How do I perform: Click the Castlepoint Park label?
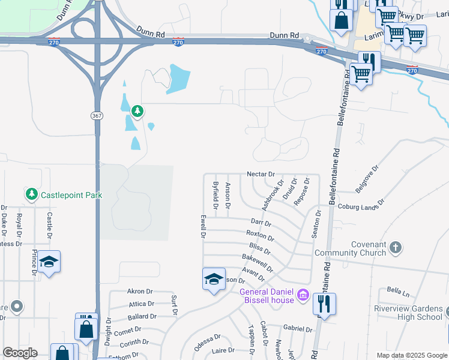click(71, 195)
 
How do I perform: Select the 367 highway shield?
click(97, 115)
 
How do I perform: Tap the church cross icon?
click(395, 247)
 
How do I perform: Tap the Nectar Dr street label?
click(260, 173)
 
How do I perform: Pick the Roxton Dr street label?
click(260, 235)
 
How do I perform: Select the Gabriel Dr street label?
click(298, 329)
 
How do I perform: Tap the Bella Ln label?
click(398, 292)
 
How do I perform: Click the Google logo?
click(20, 352)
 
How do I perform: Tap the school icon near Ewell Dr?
click(213, 279)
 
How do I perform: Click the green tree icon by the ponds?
click(137, 111)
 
